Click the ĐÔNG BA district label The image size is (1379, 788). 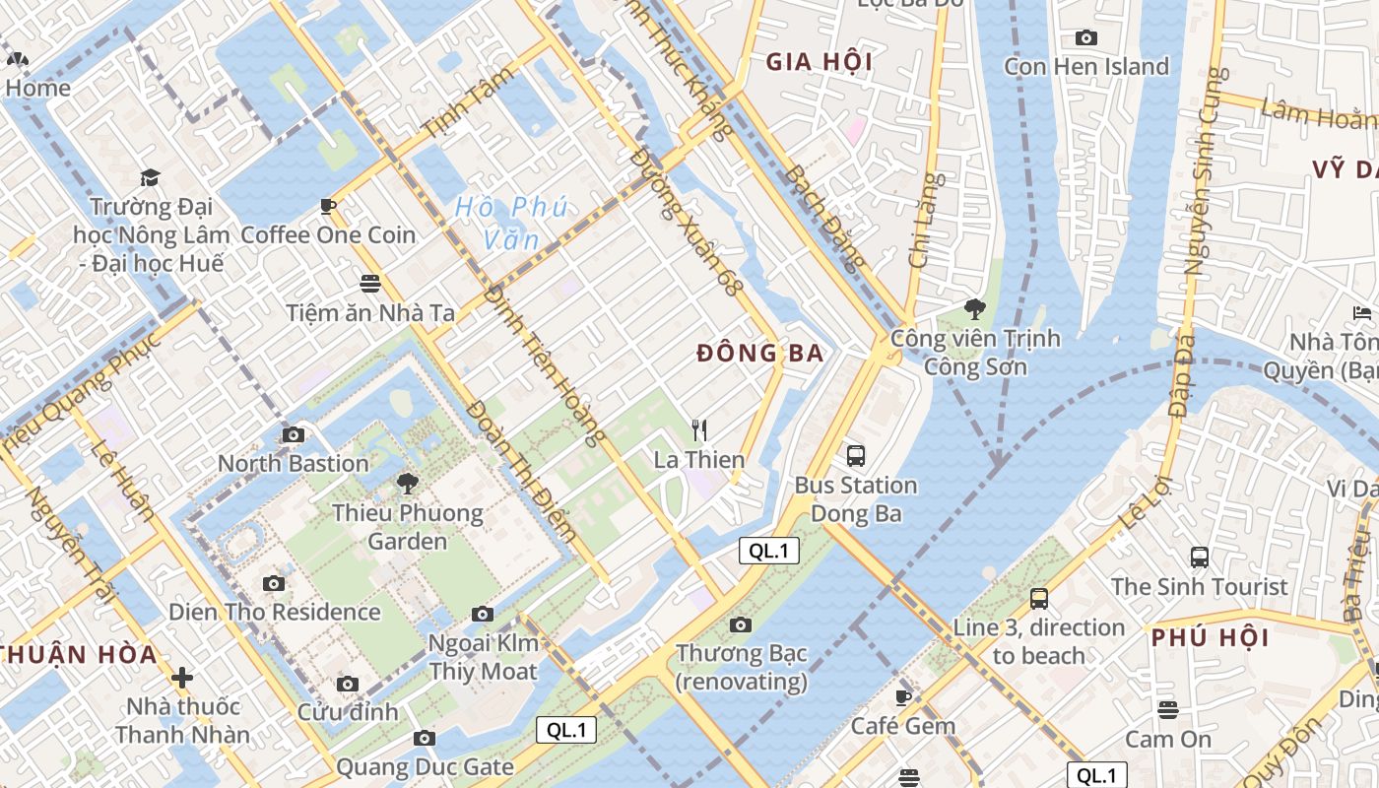tap(759, 354)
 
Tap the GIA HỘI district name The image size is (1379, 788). tap(820, 62)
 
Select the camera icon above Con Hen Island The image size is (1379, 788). tap(1086, 37)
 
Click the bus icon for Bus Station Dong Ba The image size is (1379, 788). tap(856, 456)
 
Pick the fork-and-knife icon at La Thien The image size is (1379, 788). tap(699, 430)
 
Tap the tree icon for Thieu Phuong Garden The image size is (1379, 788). tap(407, 484)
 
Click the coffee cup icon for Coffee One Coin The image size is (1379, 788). tap(328, 206)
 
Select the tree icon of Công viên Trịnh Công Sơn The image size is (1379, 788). tap(975, 309)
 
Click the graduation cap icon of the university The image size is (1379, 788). tap(150, 177)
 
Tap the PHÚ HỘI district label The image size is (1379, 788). tap(1211, 637)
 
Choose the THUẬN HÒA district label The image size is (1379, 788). tap(79, 655)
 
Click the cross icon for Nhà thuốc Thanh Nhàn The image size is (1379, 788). tap(182, 678)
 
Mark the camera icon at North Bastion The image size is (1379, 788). tap(293, 434)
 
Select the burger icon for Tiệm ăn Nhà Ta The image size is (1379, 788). tap(370, 284)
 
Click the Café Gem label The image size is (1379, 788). tap(903, 726)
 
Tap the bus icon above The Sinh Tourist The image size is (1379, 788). tap(1199, 557)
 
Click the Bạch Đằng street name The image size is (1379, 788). tap(825, 217)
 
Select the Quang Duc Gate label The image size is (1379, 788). tap(425, 766)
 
